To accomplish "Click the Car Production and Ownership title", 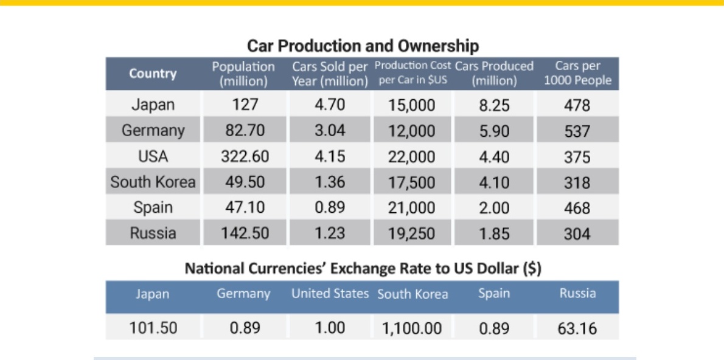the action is click(363, 46).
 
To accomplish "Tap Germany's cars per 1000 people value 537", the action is click(577, 131).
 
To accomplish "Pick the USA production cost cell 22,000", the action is click(411, 157).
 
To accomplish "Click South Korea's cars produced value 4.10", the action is click(494, 183).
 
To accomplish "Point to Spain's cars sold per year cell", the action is click(330, 208).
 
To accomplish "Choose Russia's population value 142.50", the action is click(245, 233).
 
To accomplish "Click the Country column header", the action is click(153, 74).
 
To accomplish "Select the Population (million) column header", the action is click(243, 74).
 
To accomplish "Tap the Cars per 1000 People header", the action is click(577, 74).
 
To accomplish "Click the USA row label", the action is click(153, 157).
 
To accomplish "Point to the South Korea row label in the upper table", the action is click(153, 182).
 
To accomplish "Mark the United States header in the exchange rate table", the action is click(330, 294).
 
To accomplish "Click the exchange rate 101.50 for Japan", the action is click(153, 328).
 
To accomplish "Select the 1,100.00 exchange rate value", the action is click(411, 329).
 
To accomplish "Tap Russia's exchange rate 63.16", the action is click(577, 329).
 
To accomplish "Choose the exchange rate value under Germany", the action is click(245, 328).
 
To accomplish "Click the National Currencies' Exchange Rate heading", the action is click(363, 268).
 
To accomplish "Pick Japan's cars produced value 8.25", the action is click(494, 106).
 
